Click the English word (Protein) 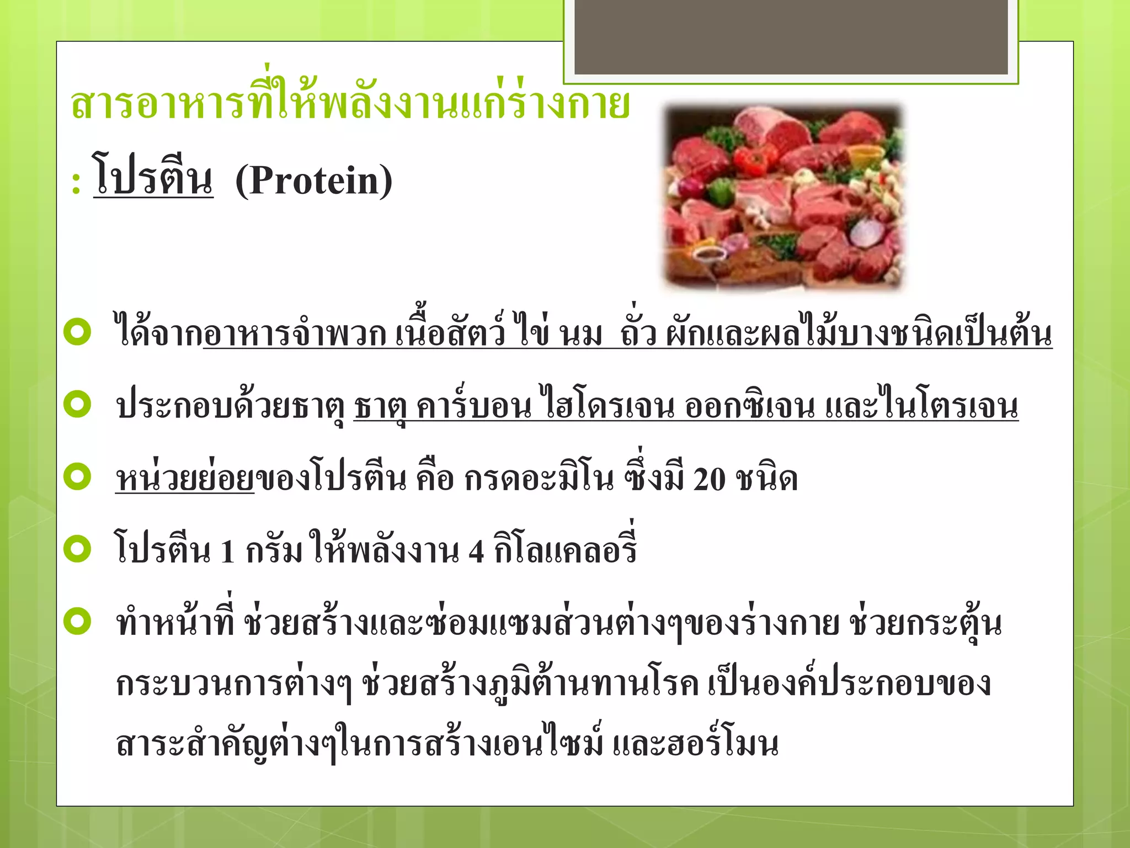tap(313, 181)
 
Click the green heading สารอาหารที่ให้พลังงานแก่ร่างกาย tap(350, 102)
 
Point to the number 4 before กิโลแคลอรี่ tap(476, 551)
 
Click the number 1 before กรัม tap(227, 551)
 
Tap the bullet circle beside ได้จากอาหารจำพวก tap(77, 332)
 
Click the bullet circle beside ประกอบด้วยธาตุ tap(77, 404)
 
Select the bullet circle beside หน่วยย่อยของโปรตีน tap(77, 476)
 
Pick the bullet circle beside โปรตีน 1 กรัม tap(77, 549)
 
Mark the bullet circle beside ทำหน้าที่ tap(77, 621)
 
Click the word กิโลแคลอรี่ tap(566, 548)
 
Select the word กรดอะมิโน tap(539, 478)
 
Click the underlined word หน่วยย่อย tap(184, 478)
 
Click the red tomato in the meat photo tap(751, 159)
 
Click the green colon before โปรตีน tap(76, 184)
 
